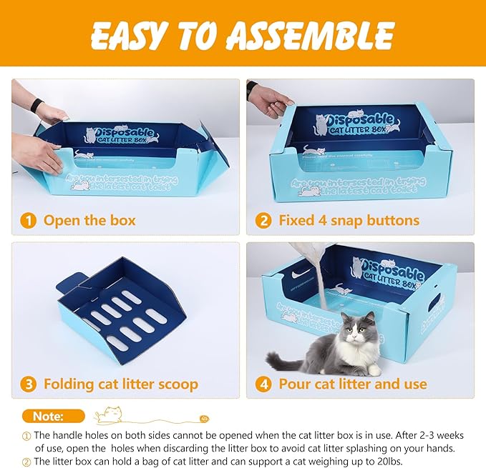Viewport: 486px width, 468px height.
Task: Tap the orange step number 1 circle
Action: pos(29,220)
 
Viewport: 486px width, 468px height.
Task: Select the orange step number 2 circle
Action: pos(264,220)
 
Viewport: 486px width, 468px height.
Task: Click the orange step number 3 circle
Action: pos(29,384)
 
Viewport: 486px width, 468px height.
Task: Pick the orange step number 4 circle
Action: pos(264,384)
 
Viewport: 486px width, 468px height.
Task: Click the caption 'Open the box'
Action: pos(89,220)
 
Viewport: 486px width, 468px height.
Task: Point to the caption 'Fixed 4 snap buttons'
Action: pos(349,220)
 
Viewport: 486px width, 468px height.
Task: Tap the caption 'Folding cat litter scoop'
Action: pos(120,384)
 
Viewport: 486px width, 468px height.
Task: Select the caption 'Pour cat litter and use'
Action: pos(352,384)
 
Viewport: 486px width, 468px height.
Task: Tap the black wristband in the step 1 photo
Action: pos(37,105)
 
